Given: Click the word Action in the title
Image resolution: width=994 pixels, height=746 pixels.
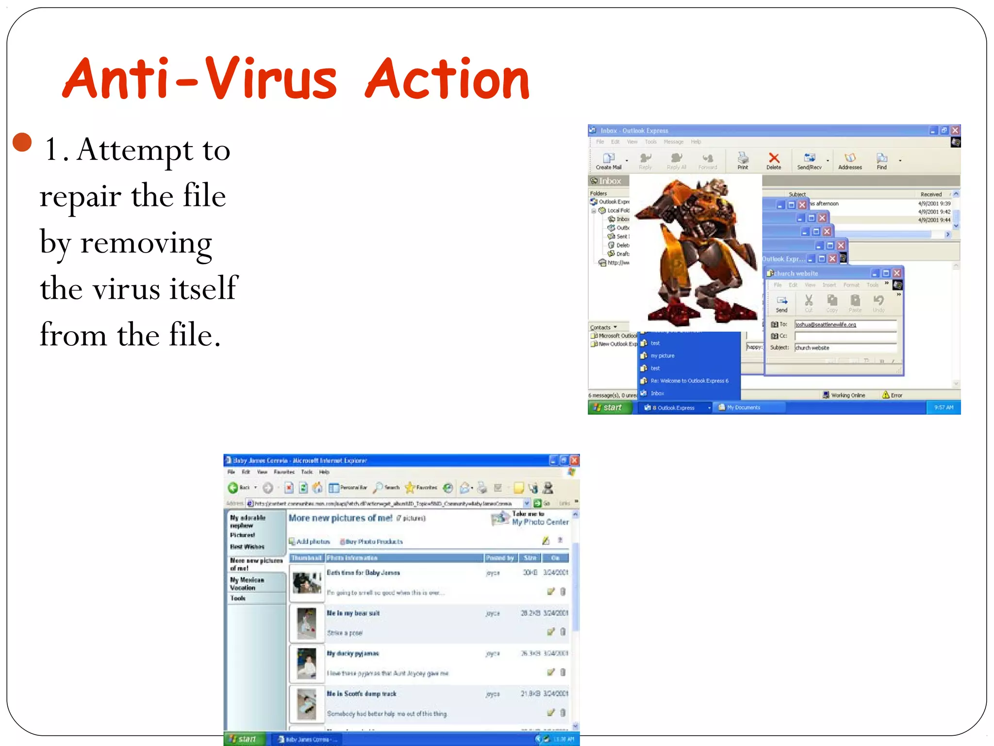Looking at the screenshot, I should tap(447, 80).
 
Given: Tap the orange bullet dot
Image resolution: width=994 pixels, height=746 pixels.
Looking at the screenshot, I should tap(22, 142).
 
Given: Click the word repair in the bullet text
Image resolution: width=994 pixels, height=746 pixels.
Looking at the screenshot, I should tap(80, 197).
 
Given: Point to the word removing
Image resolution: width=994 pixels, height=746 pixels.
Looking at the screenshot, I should tap(146, 243).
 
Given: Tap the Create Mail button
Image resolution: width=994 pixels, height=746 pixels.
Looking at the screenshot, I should tap(608, 161).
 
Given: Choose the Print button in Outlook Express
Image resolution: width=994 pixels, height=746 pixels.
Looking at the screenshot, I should tap(743, 160).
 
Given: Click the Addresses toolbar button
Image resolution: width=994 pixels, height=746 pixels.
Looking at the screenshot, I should tap(850, 161).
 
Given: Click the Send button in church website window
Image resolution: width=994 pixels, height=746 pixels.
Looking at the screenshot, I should tap(781, 304).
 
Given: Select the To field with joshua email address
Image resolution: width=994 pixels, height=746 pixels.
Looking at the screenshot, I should tap(845, 324).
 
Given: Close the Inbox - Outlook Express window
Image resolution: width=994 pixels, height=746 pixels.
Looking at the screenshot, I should tap(955, 131).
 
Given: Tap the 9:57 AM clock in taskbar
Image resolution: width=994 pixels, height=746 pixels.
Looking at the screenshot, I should tap(944, 407).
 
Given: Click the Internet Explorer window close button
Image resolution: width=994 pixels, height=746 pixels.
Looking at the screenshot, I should tap(574, 460).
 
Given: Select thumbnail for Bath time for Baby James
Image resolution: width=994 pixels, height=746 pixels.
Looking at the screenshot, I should tap(307, 583).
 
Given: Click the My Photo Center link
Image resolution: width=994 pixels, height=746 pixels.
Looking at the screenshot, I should tap(540, 522).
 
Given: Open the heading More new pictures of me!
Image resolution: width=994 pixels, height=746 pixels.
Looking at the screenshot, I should tap(340, 518).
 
